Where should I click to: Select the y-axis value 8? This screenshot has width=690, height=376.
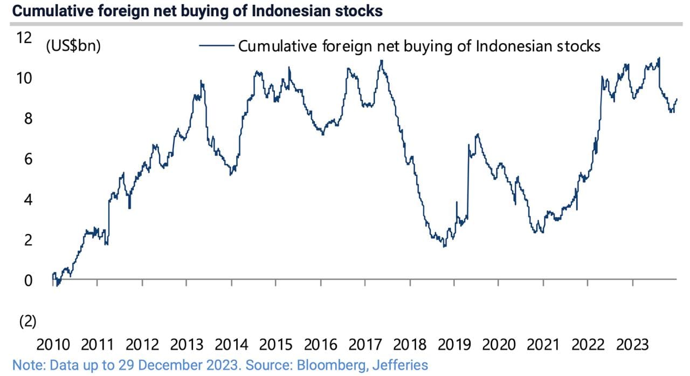[x=27, y=119]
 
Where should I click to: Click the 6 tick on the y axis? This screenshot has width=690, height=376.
[x=27, y=159]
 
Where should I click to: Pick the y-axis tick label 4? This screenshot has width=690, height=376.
[x=27, y=200]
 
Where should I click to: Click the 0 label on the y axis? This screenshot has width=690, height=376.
[x=27, y=281]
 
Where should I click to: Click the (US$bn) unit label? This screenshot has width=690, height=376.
[x=73, y=46]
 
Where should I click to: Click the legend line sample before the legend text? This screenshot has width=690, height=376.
[x=217, y=46]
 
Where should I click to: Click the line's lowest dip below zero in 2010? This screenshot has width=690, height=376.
[x=57, y=285]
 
